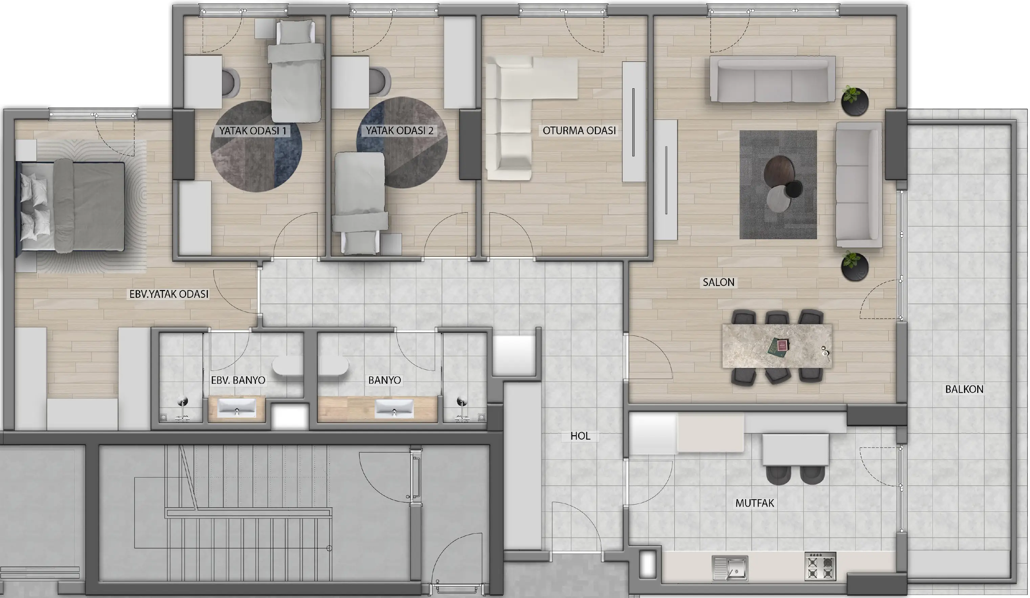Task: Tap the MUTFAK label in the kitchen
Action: (755, 503)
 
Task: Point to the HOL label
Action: (580, 436)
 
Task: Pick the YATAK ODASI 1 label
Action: (253, 131)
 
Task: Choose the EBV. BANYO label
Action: (238, 380)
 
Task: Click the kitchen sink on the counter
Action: (730, 568)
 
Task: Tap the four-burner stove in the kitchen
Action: (820, 567)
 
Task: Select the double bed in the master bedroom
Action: (70, 206)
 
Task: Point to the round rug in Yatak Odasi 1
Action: (256, 146)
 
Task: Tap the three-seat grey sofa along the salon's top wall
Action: (772, 79)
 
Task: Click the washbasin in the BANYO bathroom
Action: (394, 408)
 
